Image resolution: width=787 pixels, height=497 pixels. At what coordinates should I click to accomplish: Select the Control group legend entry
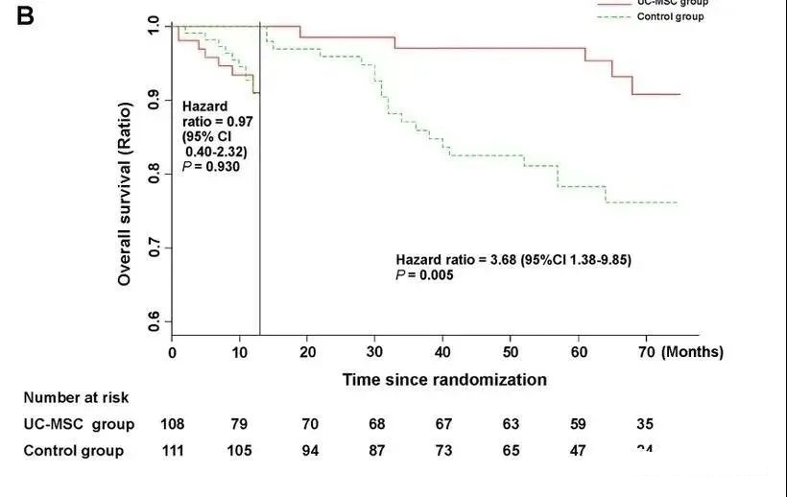coord(670,16)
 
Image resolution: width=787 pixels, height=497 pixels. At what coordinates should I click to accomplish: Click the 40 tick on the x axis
coord(443,352)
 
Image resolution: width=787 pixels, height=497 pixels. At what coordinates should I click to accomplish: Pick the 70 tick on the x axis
coord(646,352)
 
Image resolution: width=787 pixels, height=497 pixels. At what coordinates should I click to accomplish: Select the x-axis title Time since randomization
coord(444,379)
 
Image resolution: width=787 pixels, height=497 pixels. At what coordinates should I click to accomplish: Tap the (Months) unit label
coord(692,352)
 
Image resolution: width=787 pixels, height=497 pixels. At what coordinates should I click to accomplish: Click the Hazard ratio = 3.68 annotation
coord(513,260)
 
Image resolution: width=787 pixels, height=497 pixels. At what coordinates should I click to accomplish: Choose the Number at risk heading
coord(76,397)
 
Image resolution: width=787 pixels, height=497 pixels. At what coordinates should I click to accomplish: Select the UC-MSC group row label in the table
coord(79,424)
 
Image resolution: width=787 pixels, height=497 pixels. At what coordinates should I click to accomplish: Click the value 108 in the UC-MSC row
coord(173,424)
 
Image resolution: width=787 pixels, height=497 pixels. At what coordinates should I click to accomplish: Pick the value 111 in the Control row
coord(173,451)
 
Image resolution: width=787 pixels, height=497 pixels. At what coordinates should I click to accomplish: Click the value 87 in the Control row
coord(375,451)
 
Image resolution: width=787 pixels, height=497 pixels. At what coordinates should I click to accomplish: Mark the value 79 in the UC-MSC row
coord(240,424)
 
